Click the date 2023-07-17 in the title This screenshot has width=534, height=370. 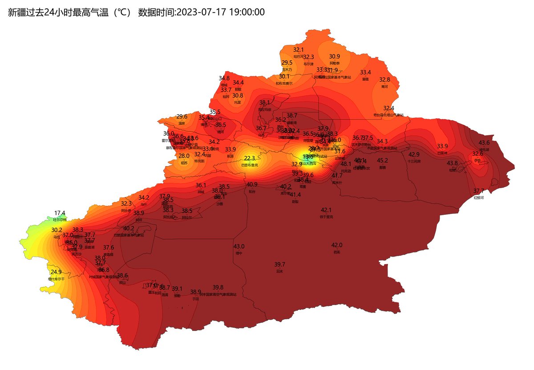[x=202, y=12]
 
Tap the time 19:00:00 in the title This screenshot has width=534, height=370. [x=247, y=12]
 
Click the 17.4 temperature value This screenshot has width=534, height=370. [x=60, y=213]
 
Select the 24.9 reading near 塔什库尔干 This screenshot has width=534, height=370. [x=56, y=272]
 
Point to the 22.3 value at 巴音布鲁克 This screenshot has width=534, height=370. [x=250, y=158]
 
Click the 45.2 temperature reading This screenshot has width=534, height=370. [x=382, y=161]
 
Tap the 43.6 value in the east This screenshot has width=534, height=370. [x=484, y=143]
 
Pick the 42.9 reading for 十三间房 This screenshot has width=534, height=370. [x=414, y=154]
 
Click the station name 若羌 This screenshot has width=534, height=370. [x=336, y=252]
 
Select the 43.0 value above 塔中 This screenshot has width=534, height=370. [x=239, y=246]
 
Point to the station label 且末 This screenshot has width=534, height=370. [x=279, y=271]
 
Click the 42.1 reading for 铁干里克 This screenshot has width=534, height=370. [x=326, y=210]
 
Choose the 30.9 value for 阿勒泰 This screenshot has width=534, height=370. [x=334, y=56]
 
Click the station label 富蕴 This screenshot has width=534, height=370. [x=365, y=79]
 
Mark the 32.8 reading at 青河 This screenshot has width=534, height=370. [x=384, y=80]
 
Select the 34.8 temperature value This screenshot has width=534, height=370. [x=224, y=78]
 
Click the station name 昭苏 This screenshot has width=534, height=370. [x=184, y=163]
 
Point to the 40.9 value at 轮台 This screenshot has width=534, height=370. [x=252, y=185]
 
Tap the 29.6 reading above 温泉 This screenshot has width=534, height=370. [x=182, y=117]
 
